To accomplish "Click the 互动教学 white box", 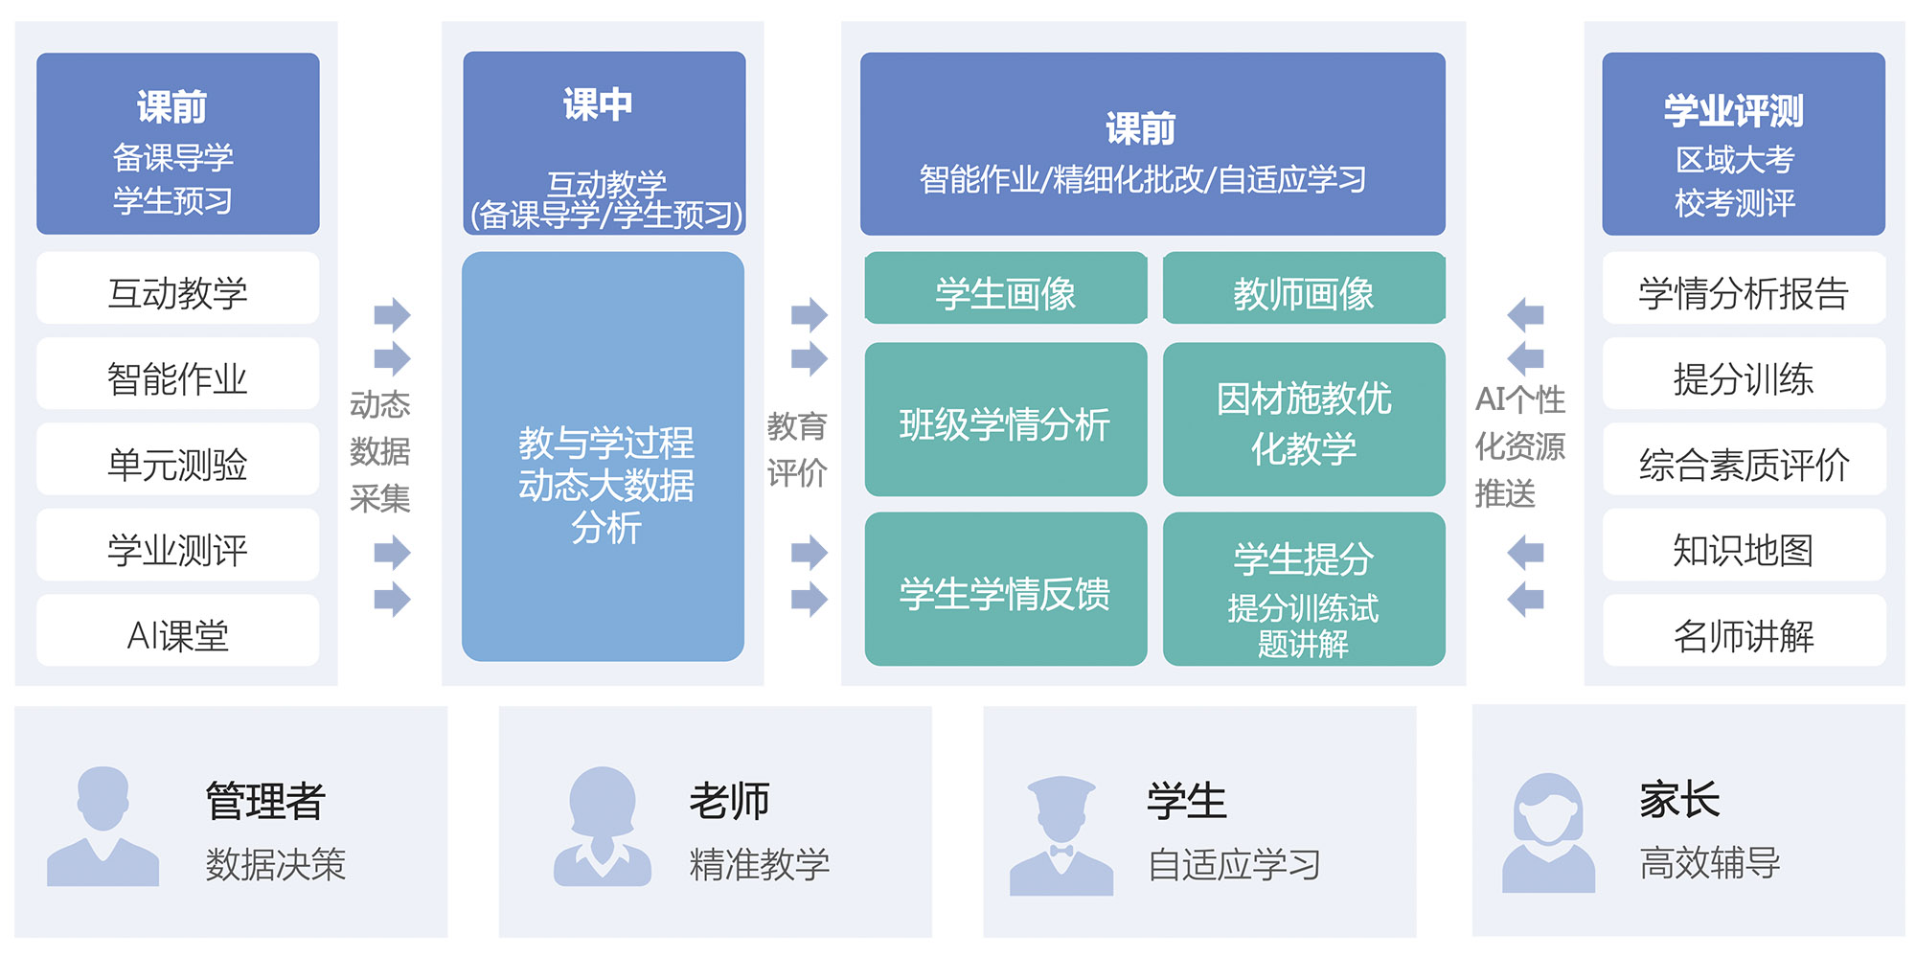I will (x=177, y=289).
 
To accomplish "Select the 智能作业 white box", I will (x=177, y=376).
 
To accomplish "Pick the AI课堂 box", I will (x=177, y=632).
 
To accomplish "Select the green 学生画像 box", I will (x=1005, y=290).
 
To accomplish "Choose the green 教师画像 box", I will (x=1303, y=290).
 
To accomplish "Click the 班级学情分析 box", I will (x=1005, y=422).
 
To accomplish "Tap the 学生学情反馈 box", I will (x=1005, y=591).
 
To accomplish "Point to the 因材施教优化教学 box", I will (x=1303, y=422).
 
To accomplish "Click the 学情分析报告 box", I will (x=1744, y=290).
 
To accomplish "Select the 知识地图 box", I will (x=1744, y=547).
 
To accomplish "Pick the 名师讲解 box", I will (x=1744, y=632).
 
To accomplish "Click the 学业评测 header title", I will (x=1734, y=110).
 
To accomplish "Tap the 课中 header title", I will (x=598, y=104).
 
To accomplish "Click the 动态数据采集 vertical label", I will (x=379, y=450).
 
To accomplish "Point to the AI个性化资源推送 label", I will (x=1519, y=446).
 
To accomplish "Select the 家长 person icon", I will (x=1548, y=832).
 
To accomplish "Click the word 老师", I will (x=730, y=800).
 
